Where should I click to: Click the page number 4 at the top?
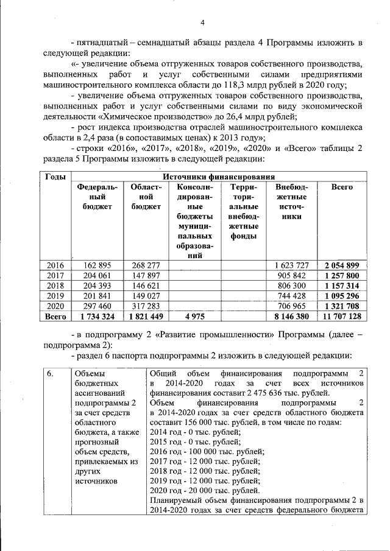(202, 23)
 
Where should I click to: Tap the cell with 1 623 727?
(292, 265)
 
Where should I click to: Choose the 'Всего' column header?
(342, 188)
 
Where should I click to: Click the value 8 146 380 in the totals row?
(292, 317)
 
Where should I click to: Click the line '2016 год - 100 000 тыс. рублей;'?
(207, 451)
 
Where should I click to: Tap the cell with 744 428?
(292, 296)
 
